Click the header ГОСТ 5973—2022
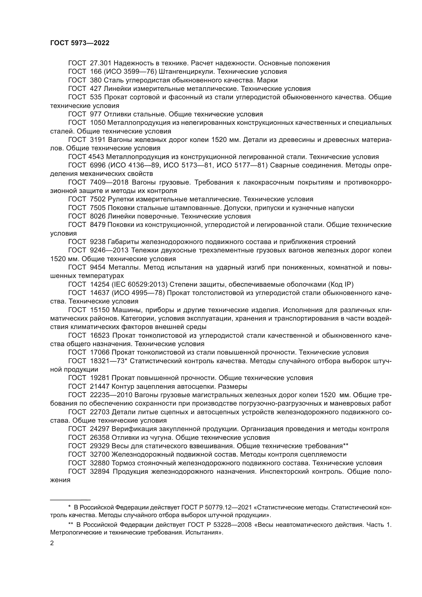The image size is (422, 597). (x=80, y=43)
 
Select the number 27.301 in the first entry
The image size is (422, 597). (x=101, y=63)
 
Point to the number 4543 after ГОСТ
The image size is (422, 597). (x=96, y=157)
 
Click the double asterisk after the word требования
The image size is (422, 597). (x=346, y=446)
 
